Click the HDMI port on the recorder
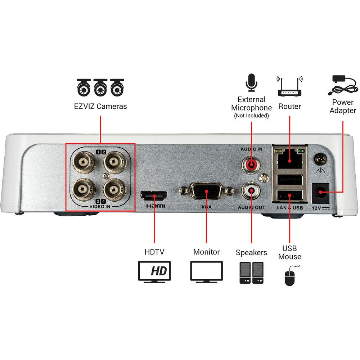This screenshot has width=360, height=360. (x=154, y=196)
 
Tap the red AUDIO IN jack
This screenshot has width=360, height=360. (x=251, y=165)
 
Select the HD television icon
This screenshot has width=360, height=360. (x=154, y=271)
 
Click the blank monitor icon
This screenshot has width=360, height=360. (x=206, y=272)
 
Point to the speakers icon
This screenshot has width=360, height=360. (x=251, y=273)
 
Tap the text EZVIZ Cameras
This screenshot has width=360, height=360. (x=100, y=107)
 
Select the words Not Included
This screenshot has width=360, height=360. (x=251, y=116)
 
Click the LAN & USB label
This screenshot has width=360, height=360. (x=290, y=208)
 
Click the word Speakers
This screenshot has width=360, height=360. (x=251, y=252)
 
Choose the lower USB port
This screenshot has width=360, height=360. (x=290, y=195)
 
